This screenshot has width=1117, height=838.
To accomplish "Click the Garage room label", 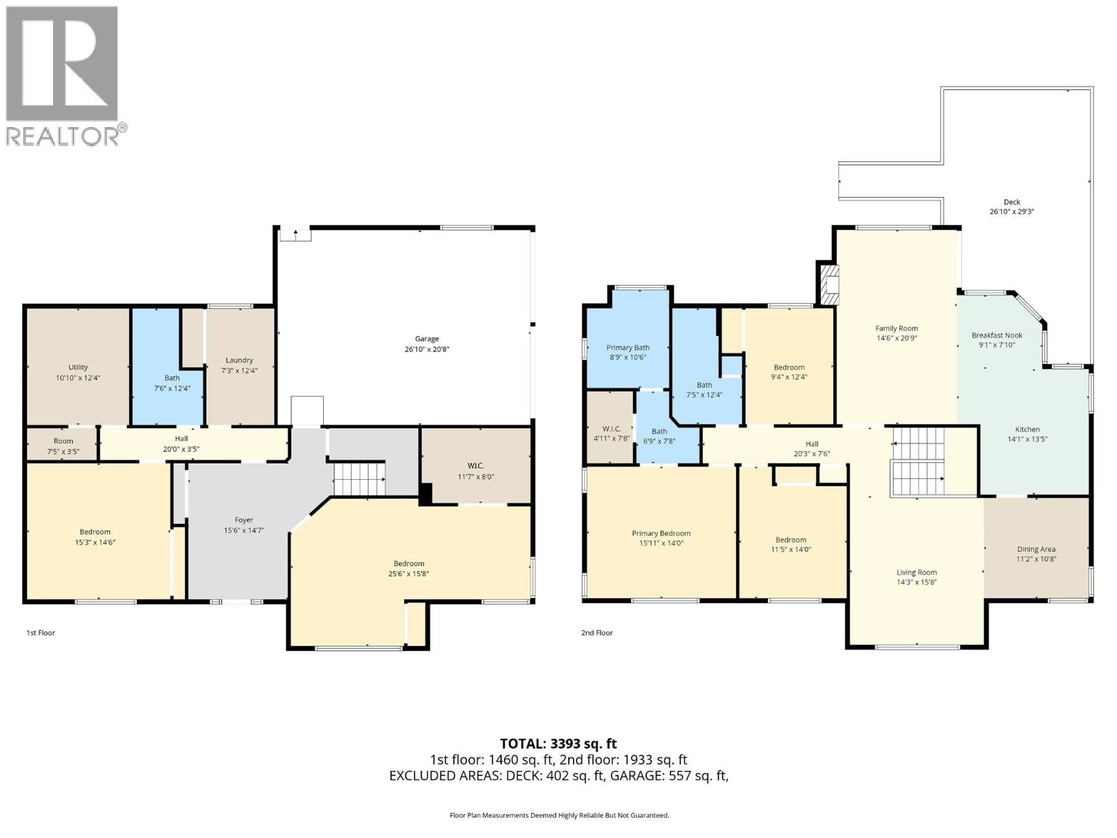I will point(427,339).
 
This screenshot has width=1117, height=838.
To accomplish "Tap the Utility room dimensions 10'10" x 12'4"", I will point(78,378).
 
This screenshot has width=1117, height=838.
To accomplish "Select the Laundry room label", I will point(239,360).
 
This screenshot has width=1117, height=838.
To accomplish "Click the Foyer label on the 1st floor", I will point(244,520).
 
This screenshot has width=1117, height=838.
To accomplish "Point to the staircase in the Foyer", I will point(359,478).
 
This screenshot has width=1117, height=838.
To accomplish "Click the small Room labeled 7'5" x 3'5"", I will point(63,441).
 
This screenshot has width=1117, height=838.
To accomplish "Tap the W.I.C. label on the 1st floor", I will point(475,466).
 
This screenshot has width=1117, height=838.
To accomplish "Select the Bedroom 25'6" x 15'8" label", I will point(408,564).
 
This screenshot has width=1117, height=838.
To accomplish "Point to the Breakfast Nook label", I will point(996,335).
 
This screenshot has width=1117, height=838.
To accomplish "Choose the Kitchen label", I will point(1027,429).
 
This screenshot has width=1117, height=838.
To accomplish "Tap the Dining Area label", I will point(1036,550).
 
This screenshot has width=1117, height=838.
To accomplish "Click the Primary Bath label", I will point(628,348).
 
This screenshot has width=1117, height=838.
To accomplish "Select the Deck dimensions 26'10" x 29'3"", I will point(1011,212).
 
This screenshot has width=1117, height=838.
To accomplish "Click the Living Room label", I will point(917,573).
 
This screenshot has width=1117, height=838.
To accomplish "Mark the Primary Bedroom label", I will point(661,534).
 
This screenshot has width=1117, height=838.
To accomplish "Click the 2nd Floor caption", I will point(597,633).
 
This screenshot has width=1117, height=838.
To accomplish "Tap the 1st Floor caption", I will point(40,633).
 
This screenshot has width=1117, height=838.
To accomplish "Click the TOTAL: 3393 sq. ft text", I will point(558,744).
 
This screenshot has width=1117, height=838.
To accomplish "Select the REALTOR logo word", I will point(63,135).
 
